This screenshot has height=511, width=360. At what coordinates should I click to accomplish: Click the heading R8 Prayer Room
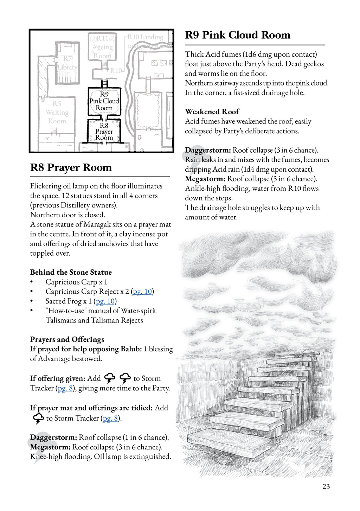pos(71,168)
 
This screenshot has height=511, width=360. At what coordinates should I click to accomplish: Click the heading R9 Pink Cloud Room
pos(238,35)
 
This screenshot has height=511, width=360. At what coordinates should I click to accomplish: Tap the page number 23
pos(326,486)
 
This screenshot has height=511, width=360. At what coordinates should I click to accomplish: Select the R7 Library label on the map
pos(67,63)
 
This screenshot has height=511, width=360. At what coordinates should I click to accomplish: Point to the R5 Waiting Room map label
pos(57,112)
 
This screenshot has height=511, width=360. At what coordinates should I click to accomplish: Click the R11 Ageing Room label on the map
pos(102,47)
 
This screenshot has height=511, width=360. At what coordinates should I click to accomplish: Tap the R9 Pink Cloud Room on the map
pos(104,101)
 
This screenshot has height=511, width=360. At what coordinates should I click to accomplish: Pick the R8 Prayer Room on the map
pos(104,132)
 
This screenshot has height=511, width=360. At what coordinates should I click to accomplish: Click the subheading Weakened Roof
pos(212,112)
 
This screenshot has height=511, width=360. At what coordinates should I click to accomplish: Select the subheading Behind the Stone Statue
pos(71,272)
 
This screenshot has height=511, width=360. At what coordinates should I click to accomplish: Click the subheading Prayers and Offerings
pos(67,339)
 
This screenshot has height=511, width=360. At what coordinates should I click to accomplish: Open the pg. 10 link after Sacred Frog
pos(105,301)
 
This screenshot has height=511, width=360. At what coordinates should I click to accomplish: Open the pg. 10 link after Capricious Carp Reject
pos(142,292)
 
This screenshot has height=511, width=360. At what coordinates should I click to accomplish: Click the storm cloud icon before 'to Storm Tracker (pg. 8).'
pos(38,419)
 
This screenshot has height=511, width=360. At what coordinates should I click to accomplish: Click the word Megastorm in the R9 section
pos(205,179)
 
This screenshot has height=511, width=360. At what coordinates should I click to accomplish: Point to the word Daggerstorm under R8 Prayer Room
pos(53,437)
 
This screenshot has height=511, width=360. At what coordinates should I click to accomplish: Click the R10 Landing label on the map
pos(145,37)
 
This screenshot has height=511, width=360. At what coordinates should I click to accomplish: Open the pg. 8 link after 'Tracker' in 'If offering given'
pos(65,388)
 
